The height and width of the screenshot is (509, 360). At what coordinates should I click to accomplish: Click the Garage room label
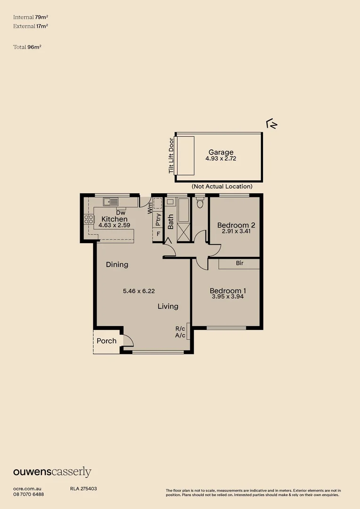[221, 152]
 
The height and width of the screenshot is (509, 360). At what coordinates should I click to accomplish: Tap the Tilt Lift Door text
[172, 156]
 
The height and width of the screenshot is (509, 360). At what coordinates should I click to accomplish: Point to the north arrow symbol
[272, 124]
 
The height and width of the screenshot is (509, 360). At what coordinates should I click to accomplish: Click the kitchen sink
[111, 202]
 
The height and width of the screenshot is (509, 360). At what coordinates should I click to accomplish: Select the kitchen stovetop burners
[89, 219]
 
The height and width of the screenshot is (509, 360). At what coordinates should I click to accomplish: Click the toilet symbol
[200, 203]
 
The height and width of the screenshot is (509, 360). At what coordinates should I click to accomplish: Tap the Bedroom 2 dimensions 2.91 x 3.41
[236, 232]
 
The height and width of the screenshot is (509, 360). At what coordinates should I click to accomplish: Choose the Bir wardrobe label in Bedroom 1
[239, 263]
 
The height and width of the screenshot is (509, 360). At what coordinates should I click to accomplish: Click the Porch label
[106, 341]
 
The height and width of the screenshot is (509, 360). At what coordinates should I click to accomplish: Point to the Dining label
[117, 264]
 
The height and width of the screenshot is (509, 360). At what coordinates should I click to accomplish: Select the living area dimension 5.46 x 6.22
[139, 291]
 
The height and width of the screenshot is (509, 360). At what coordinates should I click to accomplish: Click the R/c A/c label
[180, 332]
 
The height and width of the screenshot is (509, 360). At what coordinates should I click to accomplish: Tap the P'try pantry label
[158, 221]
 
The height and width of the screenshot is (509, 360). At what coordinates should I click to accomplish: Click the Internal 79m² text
[31, 17]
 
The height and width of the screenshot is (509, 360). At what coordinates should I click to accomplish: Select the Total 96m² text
[27, 47]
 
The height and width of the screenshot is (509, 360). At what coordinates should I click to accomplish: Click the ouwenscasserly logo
[52, 472]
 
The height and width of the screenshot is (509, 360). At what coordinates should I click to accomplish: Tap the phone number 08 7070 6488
[28, 494]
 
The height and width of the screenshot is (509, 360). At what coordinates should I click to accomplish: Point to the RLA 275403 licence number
[83, 489]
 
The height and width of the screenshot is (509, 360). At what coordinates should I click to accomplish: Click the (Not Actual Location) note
[222, 187]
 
